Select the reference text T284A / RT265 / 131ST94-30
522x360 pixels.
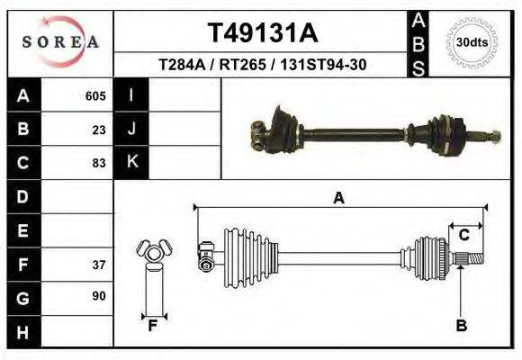point(262,65)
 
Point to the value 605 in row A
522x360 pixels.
point(95,95)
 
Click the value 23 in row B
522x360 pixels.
point(99,129)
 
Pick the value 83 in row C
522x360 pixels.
point(99,163)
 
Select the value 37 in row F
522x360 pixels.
point(99,265)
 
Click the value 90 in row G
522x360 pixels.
point(99,296)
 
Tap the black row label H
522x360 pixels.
point(22,331)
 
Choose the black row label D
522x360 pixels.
point(22,196)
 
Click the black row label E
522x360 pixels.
point(22,230)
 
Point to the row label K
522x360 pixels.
point(131,162)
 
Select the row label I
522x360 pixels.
point(131,95)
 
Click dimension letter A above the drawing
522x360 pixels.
point(338,198)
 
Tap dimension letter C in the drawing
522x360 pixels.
point(463,235)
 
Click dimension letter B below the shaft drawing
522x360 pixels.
point(461,326)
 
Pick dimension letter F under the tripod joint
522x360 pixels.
point(153,326)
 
